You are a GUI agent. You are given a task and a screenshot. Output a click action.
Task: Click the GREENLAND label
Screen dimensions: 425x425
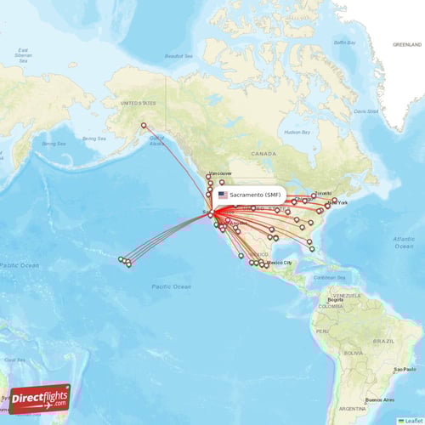pyautogui.click(x=406, y=43)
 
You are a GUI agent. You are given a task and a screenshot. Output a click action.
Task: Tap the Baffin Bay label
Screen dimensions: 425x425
pyautogui.click(x=344, y=42)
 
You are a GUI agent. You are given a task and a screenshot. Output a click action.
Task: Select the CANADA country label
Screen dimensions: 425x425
pyautogui.click(x=264, y=154)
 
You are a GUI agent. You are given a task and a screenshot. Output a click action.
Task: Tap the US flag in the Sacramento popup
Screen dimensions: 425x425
pyautogui.click(x=223, y=195)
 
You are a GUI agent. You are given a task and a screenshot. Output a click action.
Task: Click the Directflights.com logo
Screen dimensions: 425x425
pyautogui.click(x=40, y=398)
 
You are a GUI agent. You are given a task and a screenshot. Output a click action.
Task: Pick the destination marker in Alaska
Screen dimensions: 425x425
pyautogui.click(x=144, y=126)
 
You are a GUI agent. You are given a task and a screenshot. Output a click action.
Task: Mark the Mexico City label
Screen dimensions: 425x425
pyautogui.click(x=281, y=263)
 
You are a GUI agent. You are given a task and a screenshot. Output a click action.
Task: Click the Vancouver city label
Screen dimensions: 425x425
pyautogui.click(x=220, y=173)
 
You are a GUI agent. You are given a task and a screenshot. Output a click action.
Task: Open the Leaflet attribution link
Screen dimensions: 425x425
pyautogui.click(x=414, y=420)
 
